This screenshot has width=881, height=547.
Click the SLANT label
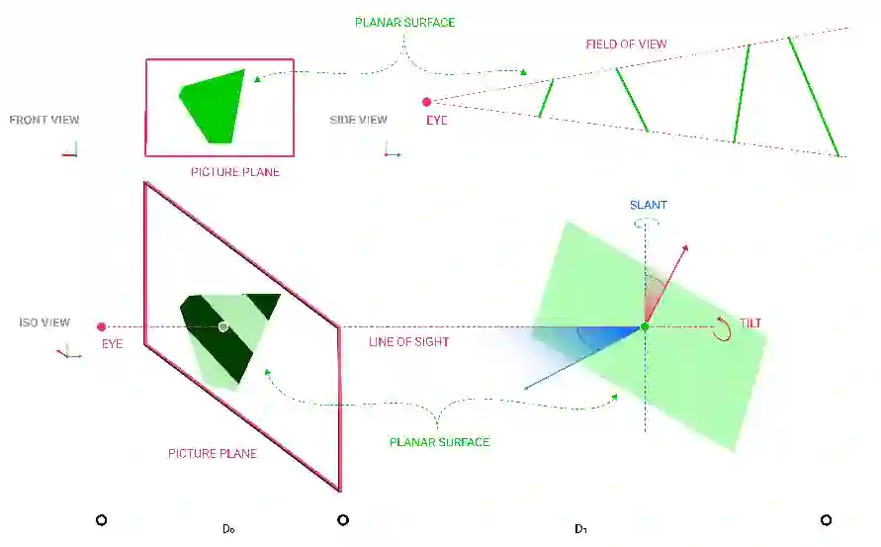click(649, 205)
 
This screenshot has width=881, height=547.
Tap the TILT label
click(750, 323)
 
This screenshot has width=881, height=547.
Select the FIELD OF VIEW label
click(626, 44)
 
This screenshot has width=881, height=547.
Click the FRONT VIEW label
click(44, 120)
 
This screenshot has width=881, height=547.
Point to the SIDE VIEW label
click(358, 120)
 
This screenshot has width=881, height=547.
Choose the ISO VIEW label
click(44, 322)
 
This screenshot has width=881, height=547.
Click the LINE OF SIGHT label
click(408, 342)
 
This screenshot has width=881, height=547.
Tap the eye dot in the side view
click(427, 102)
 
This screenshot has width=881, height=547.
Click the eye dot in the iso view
click(101, 326)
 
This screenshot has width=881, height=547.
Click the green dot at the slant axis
click(645, 326)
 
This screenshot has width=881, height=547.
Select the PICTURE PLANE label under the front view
click(235, 172)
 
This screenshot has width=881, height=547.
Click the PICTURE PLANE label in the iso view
click(213, 454)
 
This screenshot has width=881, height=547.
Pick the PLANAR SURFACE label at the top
click(404, 21)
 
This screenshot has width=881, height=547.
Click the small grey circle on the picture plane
click(223, 326)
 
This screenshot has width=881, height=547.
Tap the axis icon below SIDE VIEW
click(392, 151)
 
